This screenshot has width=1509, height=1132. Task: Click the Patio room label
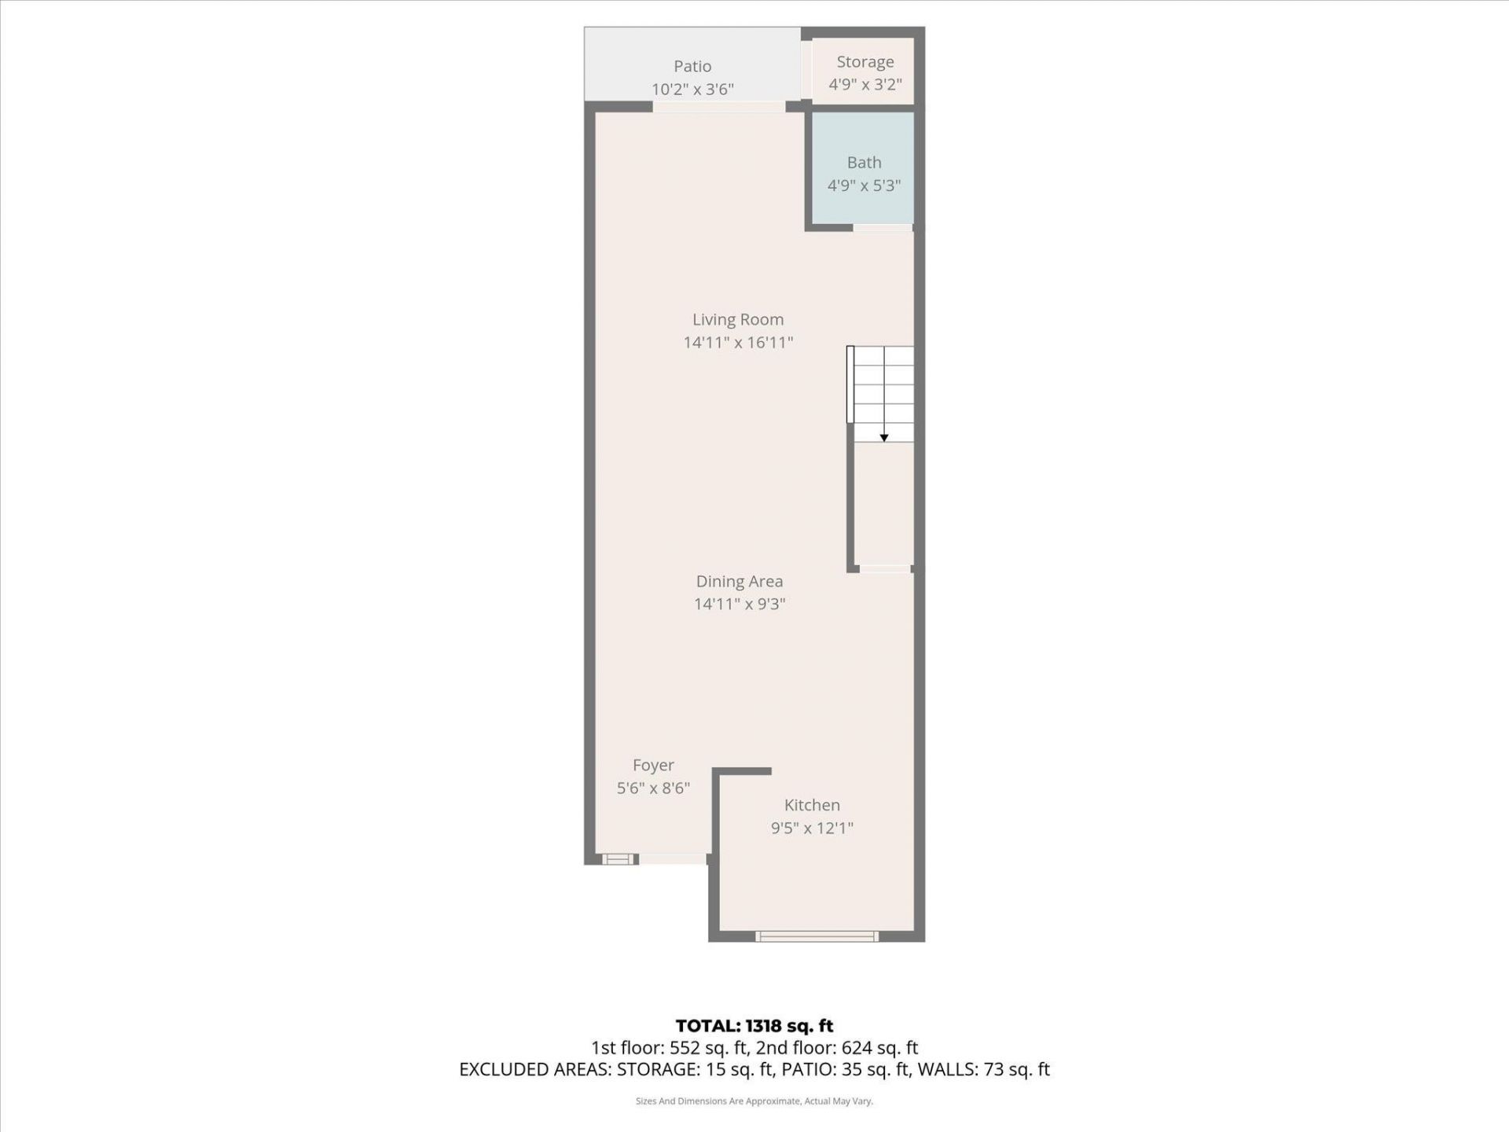click(x=692, y=67)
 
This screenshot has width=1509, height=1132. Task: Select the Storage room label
click(x=865, y=62)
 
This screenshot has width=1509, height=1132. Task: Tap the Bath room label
click(x=864, y=163)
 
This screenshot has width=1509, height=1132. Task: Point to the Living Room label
click(x=737, y=320)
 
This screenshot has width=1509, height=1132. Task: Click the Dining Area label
click(x=739, y=582)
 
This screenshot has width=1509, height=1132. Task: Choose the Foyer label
click(x=653, y=766)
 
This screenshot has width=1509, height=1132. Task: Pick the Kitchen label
click(x=812, y=805)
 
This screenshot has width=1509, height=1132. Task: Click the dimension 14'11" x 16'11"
click(x=737, y=343)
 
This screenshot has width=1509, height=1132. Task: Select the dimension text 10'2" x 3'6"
click(x=692, y=90)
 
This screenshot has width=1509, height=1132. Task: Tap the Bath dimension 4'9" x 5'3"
click(x=864, y=186)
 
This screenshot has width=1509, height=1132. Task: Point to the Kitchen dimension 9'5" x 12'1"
click(x=812, y=828)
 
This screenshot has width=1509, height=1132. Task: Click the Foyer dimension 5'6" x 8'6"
click(x=653, y=788)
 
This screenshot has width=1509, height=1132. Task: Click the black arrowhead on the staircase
click(x=884, y=438)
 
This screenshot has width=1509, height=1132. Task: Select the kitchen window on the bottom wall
click(x=817, y=936)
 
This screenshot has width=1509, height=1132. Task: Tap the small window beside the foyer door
click(x=618, y=859)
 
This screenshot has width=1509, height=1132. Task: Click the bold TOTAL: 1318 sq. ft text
click(x=754, y=1026)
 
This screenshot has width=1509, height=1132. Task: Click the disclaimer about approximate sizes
click(x=754, y=1101)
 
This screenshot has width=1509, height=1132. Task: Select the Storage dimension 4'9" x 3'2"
click(x=865, y=85)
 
